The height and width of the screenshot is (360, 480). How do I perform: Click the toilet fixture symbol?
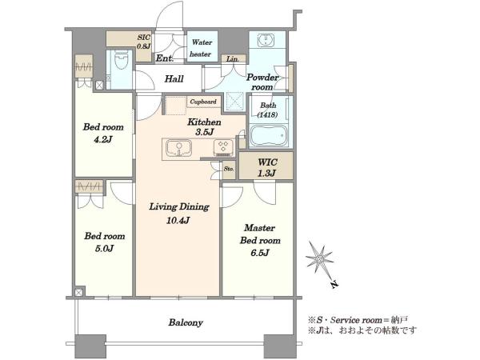[x=119, y=63]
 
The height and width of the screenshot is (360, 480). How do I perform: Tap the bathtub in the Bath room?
[x=269, y=137]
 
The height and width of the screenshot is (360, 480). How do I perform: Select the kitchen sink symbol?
[x=178, y=149]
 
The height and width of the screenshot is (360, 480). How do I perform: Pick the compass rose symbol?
[x=320, y=260]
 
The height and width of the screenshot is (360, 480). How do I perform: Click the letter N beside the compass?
[x=334, y=284]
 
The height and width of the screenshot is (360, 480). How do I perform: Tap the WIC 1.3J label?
[x=267, y=167]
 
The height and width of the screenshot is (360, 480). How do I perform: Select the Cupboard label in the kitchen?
[x=203, y=102]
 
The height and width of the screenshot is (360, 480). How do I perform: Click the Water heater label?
[x=201, y=48]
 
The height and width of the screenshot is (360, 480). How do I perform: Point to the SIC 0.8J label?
[x=144, y=42]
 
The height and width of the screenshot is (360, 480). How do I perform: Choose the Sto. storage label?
[x=229, y=169]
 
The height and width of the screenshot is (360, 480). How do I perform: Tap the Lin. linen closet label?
[x=233, y=59]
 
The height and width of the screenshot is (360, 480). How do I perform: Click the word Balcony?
[x=186, y=322]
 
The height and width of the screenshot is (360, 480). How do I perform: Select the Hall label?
[x=174, y=78]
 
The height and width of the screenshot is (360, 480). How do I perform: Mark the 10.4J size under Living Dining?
[x=178, y=220]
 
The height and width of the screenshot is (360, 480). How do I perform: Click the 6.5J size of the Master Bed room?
[x=259, y=253]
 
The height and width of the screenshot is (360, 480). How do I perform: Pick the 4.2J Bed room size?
[x=103, y=139]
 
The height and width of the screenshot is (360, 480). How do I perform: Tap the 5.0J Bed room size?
[x=104, y=248]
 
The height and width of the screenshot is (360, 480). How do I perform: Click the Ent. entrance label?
[x=165, y=58]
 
